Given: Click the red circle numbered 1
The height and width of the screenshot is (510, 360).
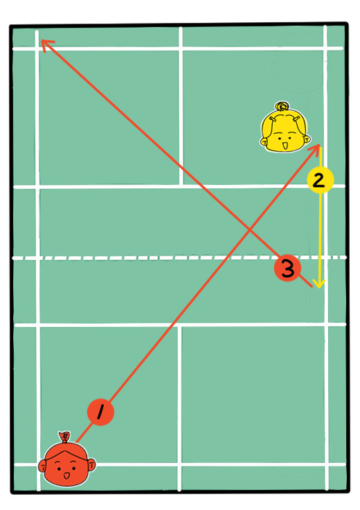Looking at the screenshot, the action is click(x=100, y=412).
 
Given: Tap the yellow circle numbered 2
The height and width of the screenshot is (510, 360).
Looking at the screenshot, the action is click(x=320, y=180).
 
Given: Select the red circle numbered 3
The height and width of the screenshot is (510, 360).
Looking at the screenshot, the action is click(x=287, y=268).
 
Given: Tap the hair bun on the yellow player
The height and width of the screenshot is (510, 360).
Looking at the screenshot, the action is click(x=282, y=106).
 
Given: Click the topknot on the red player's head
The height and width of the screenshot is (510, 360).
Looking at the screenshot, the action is click(x=64, y=437).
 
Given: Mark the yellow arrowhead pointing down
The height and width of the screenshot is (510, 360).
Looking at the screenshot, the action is click(x=320, y=283).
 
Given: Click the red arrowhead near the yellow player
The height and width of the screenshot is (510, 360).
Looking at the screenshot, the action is click(x=316, y=148).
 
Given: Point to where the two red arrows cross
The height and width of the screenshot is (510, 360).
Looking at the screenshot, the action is click(x=249, y=230).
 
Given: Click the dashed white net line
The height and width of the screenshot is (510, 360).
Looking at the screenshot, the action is click(x=179, y=258).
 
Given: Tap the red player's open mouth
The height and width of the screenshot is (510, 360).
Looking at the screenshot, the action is click(x=66, y=475).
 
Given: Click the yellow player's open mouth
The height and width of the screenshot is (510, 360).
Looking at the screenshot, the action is click(x=285, y=146).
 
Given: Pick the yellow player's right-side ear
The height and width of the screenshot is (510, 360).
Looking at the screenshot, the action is click(x=307, y=139).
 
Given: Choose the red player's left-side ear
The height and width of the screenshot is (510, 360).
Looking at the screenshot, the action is click(x=42, y=467).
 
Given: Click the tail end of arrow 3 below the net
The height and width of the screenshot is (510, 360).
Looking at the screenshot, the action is click(x=312, y=287).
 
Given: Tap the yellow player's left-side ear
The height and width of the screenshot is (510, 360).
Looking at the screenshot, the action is click(x=264, y=141).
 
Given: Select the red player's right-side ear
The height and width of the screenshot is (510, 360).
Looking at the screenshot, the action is click(x=91, y=464).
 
